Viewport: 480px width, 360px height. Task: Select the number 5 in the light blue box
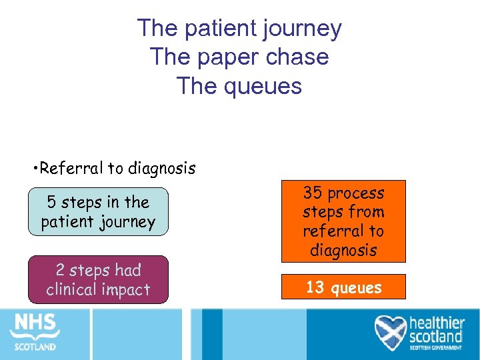pyautogui.click(x=51, y=201)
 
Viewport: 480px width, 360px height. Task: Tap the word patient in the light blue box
pyautogui.click(x=66, y=221)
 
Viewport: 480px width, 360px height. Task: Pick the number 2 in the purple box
pyautogui.click(x=60, y=270)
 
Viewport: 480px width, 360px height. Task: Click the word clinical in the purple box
pyautogui.click(x=73, y=289)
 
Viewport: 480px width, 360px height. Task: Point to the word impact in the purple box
pyautogui.click(x=127, y=289)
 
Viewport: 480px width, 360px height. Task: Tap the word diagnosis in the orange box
pyautogui.click(x=343, y=250)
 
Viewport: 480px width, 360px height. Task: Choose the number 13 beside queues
pyautogui.click(x=314, y=287)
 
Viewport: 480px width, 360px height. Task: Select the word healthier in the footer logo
pyautogui.click(x=437, y=321)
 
